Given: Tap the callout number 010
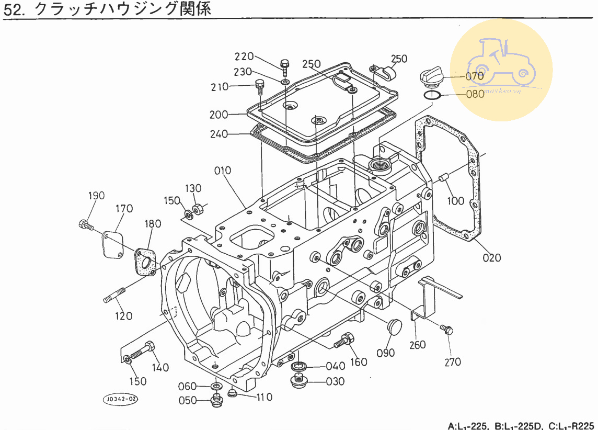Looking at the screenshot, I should [x=222, y=171].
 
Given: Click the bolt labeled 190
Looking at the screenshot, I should [x=85, y=225].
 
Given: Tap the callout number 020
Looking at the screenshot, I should [x=491, y=257].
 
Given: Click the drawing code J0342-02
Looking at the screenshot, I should [x=121, y=400].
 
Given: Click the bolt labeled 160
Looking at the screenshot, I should [x=343, y=341].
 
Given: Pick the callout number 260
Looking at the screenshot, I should [x=417, y=345].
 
